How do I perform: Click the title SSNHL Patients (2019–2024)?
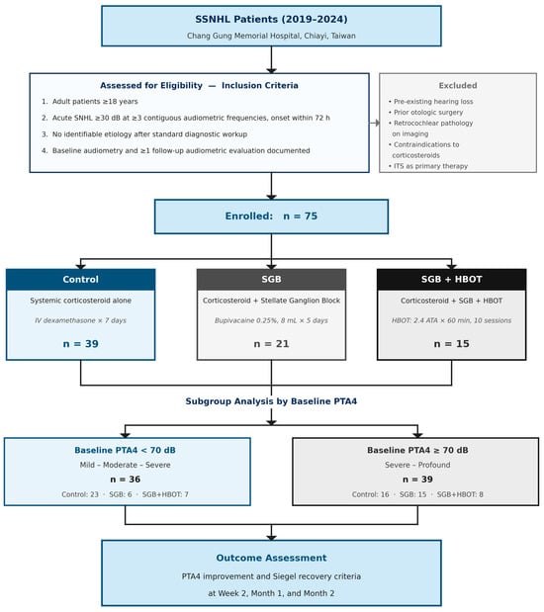[271, 19]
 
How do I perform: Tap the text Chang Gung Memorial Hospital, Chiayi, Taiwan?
[271, 36]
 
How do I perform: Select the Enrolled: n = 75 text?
[271, 217]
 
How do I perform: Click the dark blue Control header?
[81, 280]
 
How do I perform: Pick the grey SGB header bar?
[271, 280]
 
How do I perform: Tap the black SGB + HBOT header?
[451, 280]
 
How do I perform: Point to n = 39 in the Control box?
[81, 344]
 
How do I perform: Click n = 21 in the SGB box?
[271, 344]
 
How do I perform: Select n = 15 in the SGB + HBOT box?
[451, 344]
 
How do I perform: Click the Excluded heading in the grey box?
[458, 85]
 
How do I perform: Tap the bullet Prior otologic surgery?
[425, 113]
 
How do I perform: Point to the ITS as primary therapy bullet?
[428, 166]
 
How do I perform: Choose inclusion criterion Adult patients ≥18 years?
[90, 102]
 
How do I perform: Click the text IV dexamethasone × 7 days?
[81, 320]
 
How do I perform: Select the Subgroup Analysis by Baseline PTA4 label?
[271, 401]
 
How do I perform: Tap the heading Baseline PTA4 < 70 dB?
[125, 450]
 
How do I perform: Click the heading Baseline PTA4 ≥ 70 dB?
[417, 450]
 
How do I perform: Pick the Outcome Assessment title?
[271, 558]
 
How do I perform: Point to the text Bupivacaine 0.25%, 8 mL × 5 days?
[271, 320]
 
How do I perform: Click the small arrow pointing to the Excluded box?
[375, 123]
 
